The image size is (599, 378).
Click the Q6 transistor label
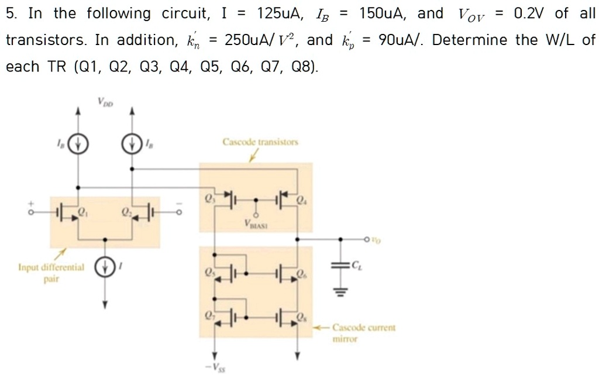point(301,273)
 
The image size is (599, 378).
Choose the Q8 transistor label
point(301,318)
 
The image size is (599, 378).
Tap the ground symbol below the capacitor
point(340,291)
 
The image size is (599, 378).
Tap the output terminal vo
point(368,239)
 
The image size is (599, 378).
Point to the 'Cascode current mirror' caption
point(364,333)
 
